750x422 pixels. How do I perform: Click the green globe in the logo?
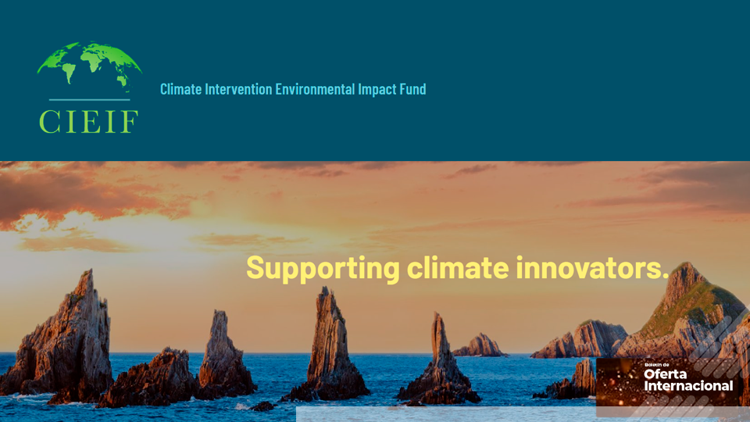[89, 64]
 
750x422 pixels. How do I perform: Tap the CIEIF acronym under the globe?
[88, 121]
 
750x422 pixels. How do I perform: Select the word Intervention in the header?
[238, 89]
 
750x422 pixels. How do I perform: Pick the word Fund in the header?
[413, 89]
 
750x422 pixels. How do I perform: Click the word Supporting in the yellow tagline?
[323, 268]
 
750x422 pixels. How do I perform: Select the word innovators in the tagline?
[591, 268]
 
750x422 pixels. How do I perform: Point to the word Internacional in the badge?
[688, 385]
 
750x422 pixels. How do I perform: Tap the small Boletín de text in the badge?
[658, 365]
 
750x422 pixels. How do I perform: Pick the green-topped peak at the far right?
[687, 301]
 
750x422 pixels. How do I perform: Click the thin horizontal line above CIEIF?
[88, 100]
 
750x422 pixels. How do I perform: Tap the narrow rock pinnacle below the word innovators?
[441, 356]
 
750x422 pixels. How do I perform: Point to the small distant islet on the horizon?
[479, 346]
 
